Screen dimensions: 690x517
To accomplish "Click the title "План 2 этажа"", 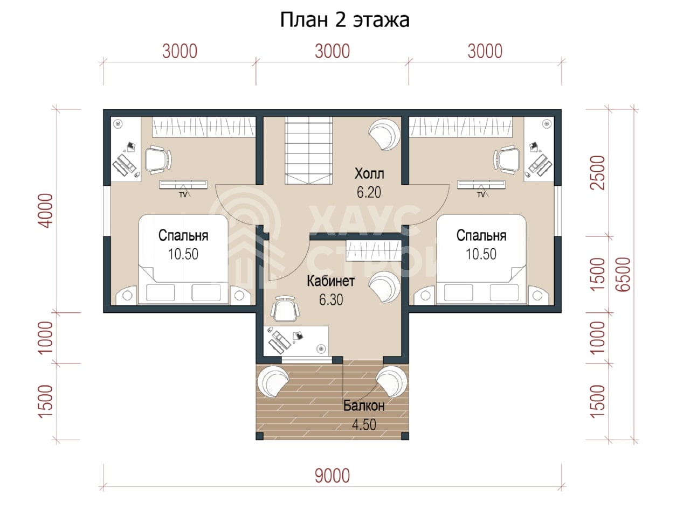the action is [x=344, y=20].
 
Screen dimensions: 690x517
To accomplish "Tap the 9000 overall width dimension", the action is [x=332, y=476].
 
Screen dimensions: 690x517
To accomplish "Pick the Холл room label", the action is [x=369, y=173].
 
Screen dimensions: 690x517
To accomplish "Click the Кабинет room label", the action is [x=330, y=281].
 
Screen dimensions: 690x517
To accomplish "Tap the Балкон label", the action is [x=364, y=406].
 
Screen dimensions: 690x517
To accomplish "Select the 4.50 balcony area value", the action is [x=364, y=425].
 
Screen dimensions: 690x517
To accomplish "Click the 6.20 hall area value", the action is [x=369, y=192].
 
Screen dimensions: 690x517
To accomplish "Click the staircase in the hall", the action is [x=308, y=150].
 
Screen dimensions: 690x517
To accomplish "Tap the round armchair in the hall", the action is [x=385, y=134].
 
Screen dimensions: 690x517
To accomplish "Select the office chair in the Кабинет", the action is [x=285, y=309].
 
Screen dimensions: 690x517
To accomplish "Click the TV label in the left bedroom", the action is [x=183, y=195].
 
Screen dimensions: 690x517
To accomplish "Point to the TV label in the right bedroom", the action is [x=481, y=195].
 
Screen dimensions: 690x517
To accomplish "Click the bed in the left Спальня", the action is [x=183, y=260].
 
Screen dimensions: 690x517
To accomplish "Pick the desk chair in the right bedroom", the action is [x=506, y=160].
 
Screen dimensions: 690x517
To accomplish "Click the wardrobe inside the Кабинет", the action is [x=374, y=250].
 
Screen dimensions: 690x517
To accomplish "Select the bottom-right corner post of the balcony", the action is [x=405, y=436].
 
